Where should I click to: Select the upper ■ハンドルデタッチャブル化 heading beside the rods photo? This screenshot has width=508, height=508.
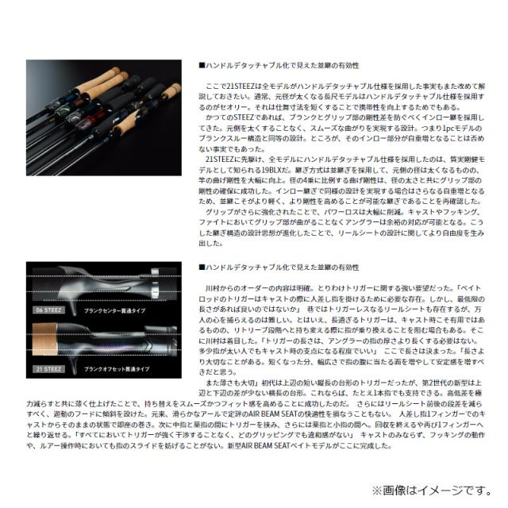coord(279,64)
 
